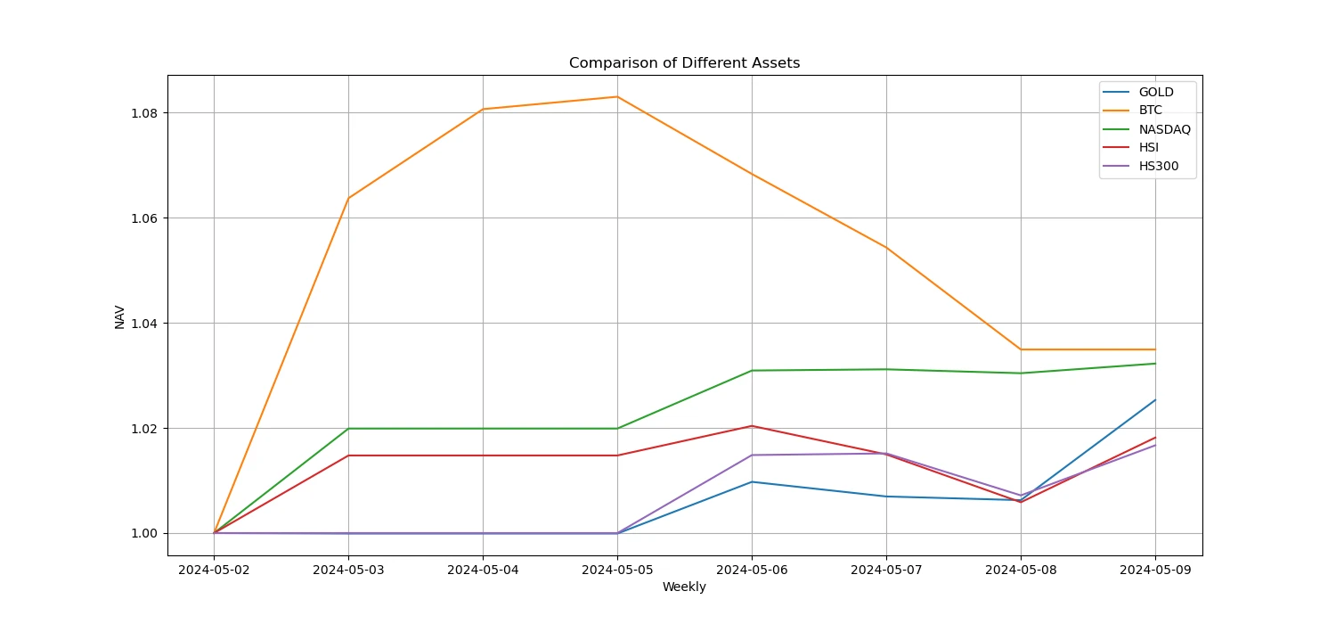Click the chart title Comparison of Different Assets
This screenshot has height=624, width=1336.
684,63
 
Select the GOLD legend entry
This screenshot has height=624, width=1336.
1156,92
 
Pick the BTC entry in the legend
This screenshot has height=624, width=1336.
1152,111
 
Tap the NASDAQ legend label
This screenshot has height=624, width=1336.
1164,129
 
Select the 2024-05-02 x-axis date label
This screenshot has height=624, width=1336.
214,570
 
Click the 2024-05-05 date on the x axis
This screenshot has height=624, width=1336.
617,570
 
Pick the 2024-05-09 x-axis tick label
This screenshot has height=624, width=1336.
1155,570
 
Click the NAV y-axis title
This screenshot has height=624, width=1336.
119,316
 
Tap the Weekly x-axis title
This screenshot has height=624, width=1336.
684,587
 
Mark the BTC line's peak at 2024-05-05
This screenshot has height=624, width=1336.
617,96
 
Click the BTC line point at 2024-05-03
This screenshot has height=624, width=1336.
348,198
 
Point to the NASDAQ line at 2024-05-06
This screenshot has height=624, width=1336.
752,370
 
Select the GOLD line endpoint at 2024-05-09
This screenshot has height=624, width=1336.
1155,400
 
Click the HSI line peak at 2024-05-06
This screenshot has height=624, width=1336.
752,426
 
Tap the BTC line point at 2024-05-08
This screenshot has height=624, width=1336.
1021,349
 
